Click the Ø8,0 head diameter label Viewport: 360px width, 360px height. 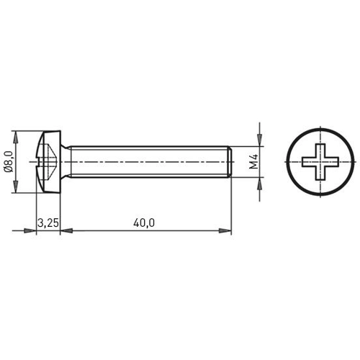9,162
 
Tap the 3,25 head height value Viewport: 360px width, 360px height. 48,223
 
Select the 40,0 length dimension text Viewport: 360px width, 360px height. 144,223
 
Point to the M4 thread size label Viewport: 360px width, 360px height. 253,162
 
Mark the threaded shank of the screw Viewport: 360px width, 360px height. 144,162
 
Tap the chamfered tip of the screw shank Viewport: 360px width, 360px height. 228,162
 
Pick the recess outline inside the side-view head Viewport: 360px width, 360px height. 46,162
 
